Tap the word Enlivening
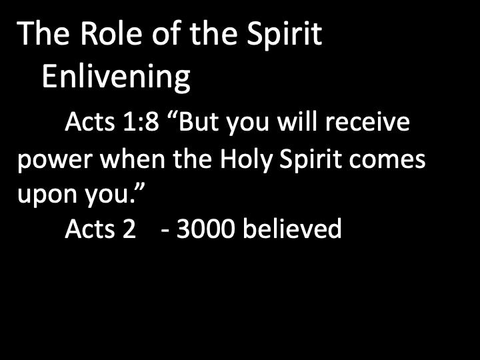[x=116, y=77]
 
